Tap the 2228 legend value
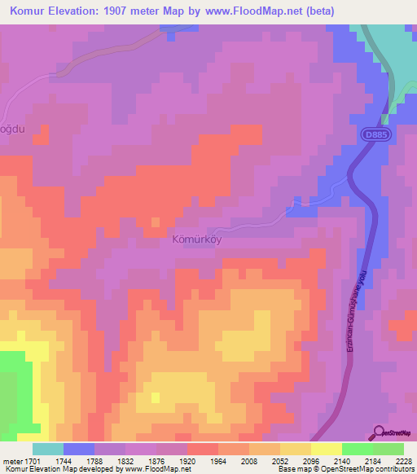pos(404,459)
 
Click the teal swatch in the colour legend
pos(47,448)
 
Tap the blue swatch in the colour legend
pos(78,448)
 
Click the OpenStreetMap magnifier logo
pos(379,432)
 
